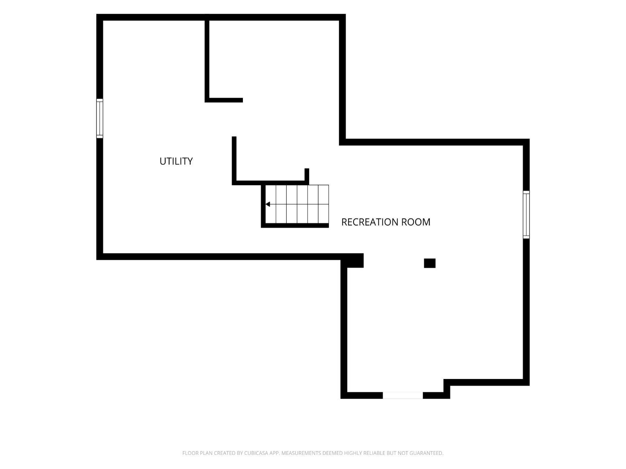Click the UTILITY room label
pos(176,161)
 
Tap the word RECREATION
pos(370,222)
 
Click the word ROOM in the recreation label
pos(416,222)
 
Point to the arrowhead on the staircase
pos(268,204)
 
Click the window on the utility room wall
pos(99,118)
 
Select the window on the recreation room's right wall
pos(526,215)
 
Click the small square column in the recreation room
pos(429,263)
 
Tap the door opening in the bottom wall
pos(402,395)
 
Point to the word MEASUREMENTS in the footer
pos(301,453)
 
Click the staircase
pos(297,204)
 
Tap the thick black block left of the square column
pos(352,261)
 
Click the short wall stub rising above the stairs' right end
pos(307,176)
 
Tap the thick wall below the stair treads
pos(295,226)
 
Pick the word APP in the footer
pos(275,453)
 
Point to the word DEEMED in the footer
pos(332,453)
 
